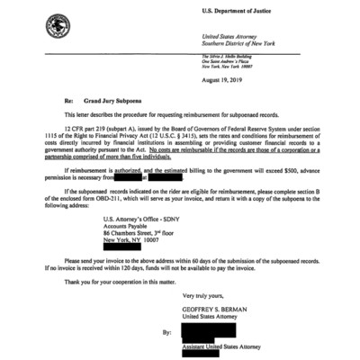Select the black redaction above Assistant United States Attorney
point(214,329)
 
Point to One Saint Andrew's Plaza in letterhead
point(228,62)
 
